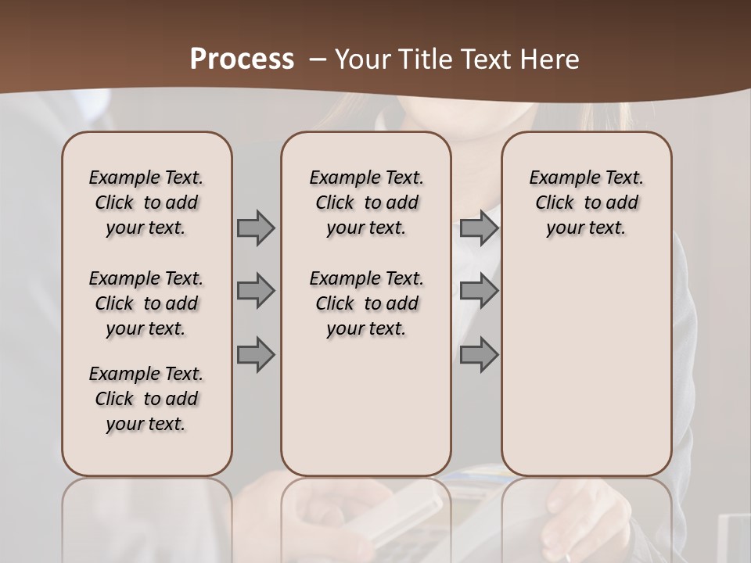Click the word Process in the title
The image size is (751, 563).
[242, 59]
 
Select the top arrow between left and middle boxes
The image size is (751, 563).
[255, 228]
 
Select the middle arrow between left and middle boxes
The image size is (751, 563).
[255, 291]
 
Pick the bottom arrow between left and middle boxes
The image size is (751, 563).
[255, 354]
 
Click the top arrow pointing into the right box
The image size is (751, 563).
[479, 228]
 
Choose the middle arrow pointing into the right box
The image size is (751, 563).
[479, 291]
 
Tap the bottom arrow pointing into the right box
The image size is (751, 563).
[479, 354]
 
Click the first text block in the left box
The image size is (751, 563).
[146, 203]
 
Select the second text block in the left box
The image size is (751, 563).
[146, 303]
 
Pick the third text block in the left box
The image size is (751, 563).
[146, 399]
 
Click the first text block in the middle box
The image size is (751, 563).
[367, 203]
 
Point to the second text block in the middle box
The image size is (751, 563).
[367, 303]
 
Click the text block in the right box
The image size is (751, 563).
[587, 203]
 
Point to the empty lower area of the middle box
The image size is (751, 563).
[367, 407]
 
